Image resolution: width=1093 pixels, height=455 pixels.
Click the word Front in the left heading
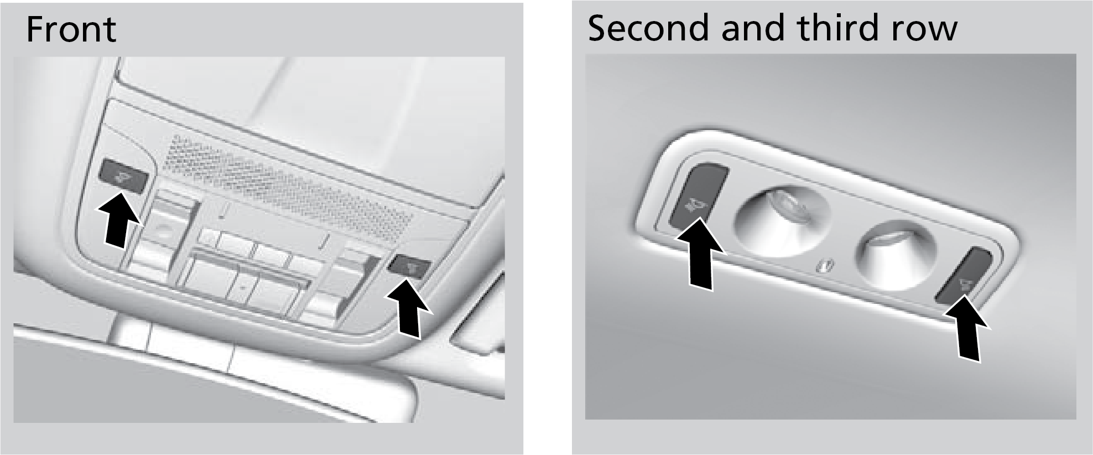point(71,29)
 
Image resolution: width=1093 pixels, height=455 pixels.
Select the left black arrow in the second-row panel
point(700,254)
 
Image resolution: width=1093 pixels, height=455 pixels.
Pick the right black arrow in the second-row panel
point(967,329)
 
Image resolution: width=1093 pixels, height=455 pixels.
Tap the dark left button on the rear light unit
point(698,195)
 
